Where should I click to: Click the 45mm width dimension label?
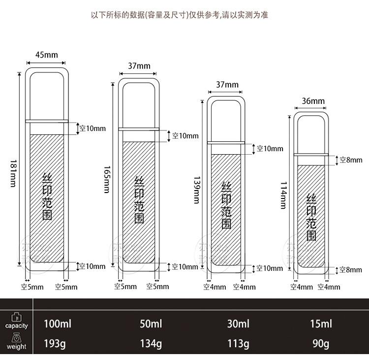(x=46, y=55)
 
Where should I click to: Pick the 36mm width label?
(x=313, y=101)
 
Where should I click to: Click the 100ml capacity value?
(x=58, y=324)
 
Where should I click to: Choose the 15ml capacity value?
(x=321, y=324)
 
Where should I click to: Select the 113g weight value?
(x=238, y=343)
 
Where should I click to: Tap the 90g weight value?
(x=321, y=343)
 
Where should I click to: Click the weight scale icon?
(x=16, y=338)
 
